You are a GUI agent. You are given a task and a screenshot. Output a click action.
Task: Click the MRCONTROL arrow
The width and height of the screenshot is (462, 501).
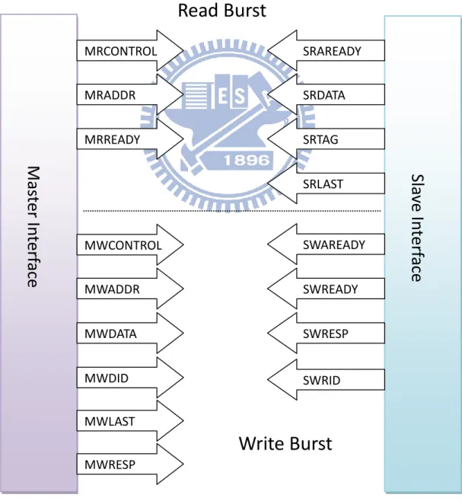point(130,50)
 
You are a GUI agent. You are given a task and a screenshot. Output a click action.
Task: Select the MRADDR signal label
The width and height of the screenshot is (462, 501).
point(110,95)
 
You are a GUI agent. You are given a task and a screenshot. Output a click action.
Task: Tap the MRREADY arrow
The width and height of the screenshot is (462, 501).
point(130,139)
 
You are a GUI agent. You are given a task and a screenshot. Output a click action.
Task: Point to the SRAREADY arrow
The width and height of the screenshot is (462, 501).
point(326,50)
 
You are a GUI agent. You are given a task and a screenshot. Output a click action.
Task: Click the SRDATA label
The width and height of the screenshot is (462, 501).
point(324,95)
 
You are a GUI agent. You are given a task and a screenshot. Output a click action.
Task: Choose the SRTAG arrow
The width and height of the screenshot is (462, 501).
point(326,139)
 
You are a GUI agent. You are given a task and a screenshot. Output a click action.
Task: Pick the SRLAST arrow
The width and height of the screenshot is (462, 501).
point(326,183)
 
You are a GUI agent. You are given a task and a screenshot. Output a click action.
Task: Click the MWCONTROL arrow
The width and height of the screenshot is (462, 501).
point(130,244)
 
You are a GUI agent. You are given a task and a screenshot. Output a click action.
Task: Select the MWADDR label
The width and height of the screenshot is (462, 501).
point(112,289)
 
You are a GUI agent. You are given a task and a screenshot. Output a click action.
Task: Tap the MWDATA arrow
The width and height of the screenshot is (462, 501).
point(130,333)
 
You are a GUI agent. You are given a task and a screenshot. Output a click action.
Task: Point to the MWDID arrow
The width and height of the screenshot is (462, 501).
point(130,378)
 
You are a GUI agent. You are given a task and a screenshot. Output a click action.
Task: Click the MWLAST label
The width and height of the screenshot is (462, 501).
point(110,422)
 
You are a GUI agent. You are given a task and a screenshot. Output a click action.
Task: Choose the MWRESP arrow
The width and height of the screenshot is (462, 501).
point(130,464)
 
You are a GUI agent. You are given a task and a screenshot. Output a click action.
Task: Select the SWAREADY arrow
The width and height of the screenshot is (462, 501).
point(326,244)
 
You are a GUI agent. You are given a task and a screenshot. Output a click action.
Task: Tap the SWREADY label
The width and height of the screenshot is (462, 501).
point(330,289)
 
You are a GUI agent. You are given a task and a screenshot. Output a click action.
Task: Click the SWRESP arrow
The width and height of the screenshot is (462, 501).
point(326,333)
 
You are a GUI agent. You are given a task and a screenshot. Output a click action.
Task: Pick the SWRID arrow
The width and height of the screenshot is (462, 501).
point(326,380)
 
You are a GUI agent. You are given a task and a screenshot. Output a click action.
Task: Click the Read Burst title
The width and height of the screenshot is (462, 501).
point(221,10)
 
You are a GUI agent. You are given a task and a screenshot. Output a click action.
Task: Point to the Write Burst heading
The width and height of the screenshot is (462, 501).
point(285,443)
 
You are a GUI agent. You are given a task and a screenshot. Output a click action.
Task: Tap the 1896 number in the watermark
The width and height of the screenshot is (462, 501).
point(247,160)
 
